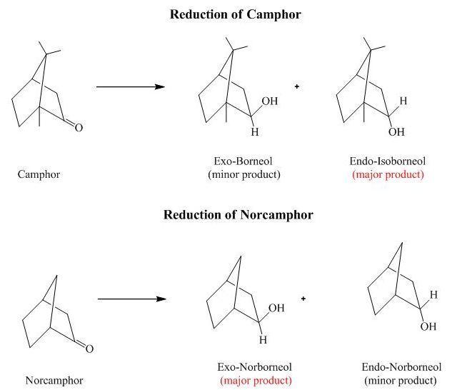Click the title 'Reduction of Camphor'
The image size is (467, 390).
pyautogui.click(x=225, y=14)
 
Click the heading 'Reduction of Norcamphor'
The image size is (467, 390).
pyautogui.click(x=238, y=214)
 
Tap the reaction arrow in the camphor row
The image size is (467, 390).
pyautogui.click(x=130, y=87)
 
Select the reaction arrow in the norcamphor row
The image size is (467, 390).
pyautogui.click(x=131, y=299)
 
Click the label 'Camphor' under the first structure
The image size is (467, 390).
pyautogui.click(x=39, y=174)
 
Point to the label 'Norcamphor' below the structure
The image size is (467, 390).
pyautogui.click(x=54, y=380)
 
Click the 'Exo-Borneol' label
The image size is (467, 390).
pyautogui.click(x=243, y=161)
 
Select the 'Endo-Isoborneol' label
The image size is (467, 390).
pyautogui.click(x=388, y=161)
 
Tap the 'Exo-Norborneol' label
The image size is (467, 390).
pyautogui.click(x=255, y=367)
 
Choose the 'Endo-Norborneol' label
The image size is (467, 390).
pyautogui.click(x=401, y=367)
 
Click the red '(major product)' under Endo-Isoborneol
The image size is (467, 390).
pyautogui.click(x=388, y=174)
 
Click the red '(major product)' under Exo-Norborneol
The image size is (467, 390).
pyautogui.click(x=255, y=380)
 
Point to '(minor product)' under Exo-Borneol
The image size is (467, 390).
pyautogui.click(x=243, y=174)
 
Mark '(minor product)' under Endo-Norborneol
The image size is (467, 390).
pyautogui.click(x=401, y=380)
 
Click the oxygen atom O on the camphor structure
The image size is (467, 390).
pyautogui.click(x=79, y=128)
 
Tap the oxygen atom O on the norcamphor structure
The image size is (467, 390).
pyautogui.click(x=89, y=349)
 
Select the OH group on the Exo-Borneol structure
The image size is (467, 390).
pyautogui.click(x=269, y=101)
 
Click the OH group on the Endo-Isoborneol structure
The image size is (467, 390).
pyautogui.click(x=396, y=132)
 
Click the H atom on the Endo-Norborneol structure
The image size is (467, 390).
pyautogui.click(x=433, y=294)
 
